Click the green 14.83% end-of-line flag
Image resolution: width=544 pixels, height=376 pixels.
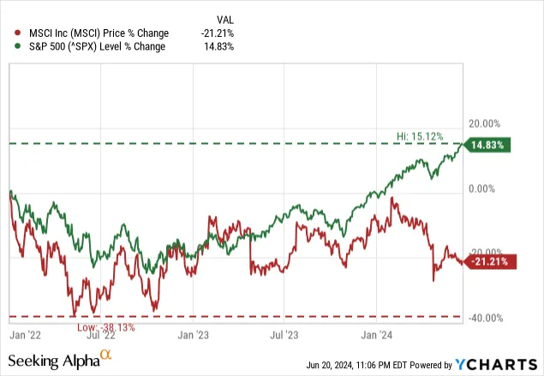tap(490, 145)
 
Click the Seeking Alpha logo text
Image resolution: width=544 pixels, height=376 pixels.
tap(62, 361)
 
